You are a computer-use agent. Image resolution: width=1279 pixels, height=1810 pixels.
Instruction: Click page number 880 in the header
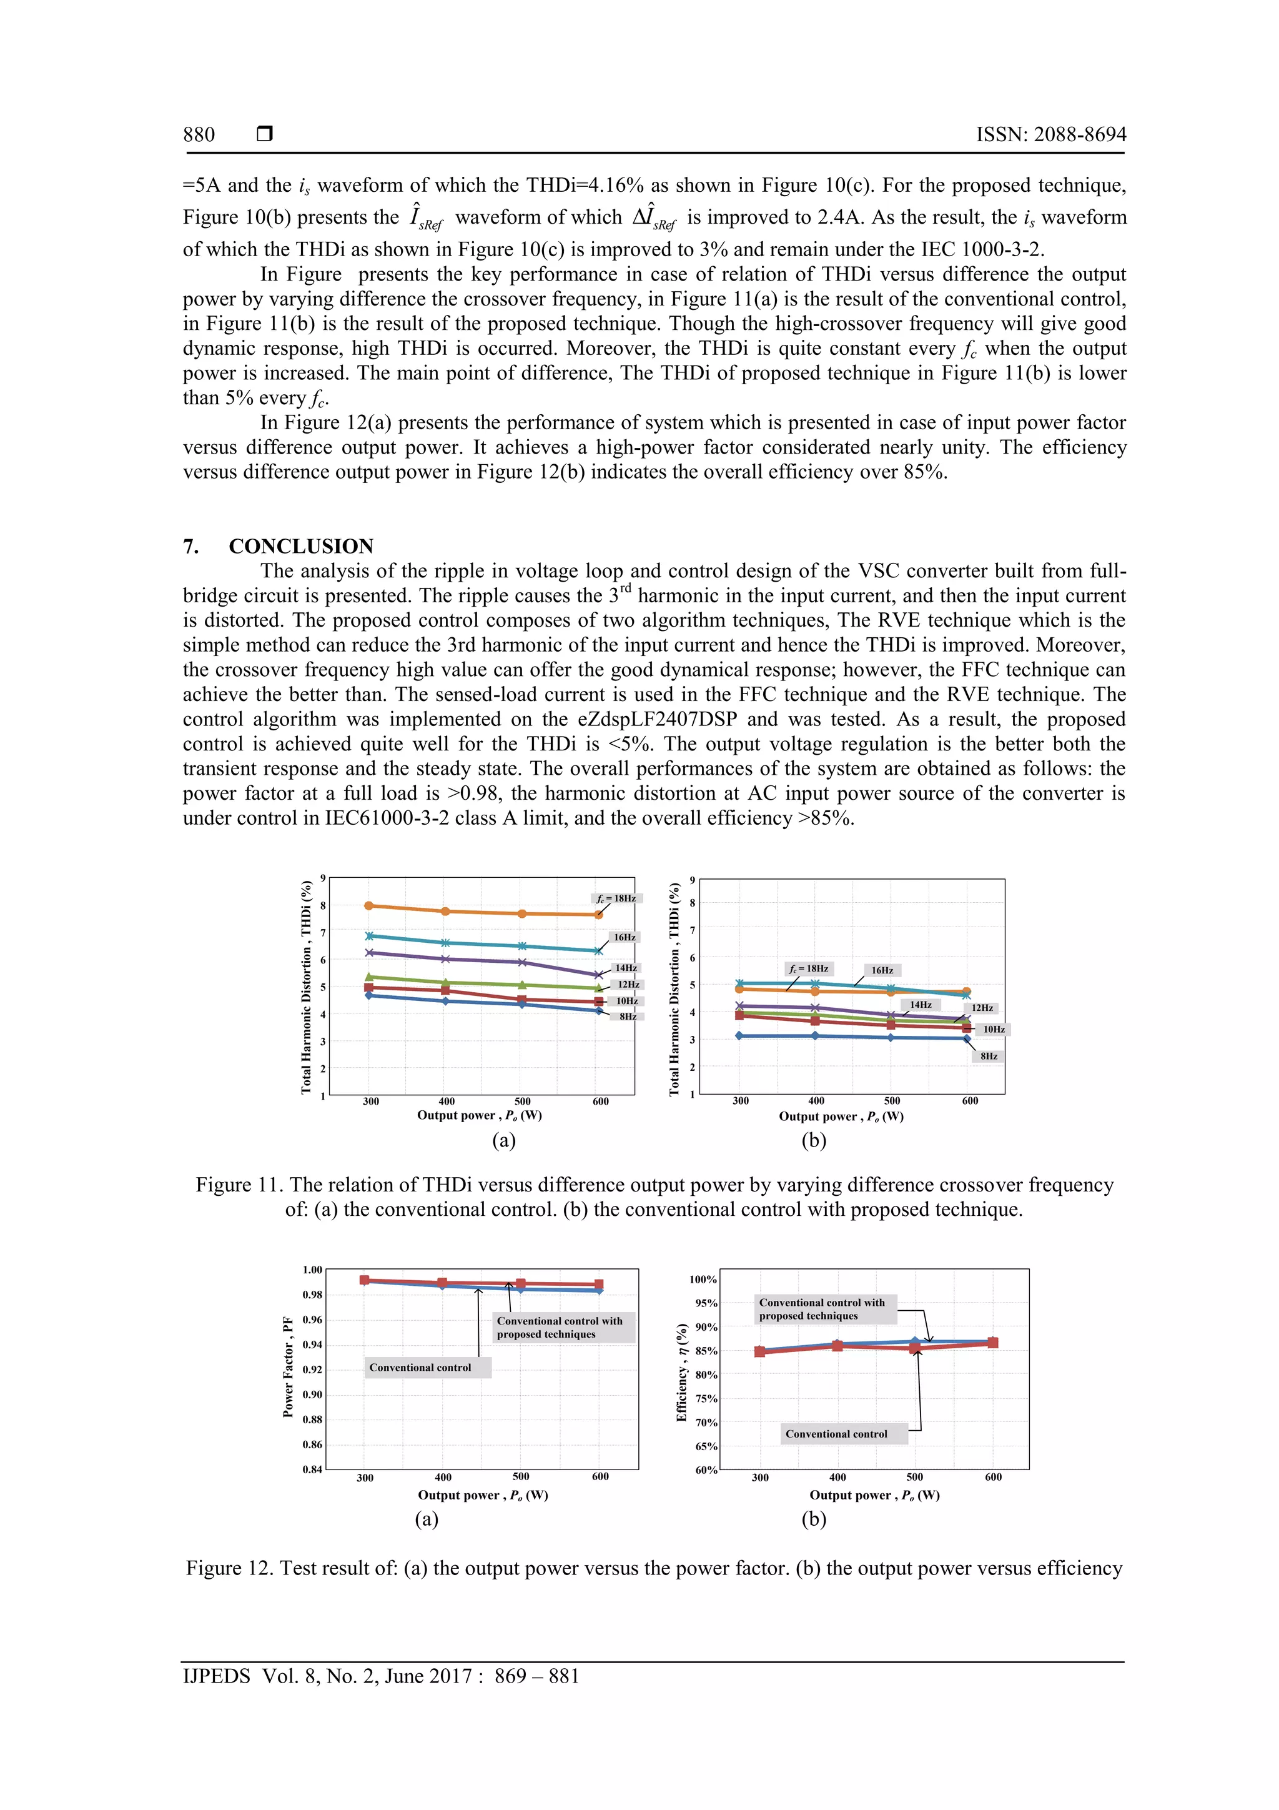tap(199, 135)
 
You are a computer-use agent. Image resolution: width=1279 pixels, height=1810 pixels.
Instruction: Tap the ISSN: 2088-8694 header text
tap(1050, 135)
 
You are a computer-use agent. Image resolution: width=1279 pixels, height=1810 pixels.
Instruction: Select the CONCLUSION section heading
tap(300, 546)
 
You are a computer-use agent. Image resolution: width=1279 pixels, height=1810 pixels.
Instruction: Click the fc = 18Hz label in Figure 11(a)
tap(616, 898)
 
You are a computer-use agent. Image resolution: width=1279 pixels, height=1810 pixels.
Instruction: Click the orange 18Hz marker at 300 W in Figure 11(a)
tap(369, 906)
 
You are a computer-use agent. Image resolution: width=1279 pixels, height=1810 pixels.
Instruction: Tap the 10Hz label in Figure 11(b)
tap(993, 1030)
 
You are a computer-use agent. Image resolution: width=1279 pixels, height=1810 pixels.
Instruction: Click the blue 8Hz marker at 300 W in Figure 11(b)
tap(739, 1036)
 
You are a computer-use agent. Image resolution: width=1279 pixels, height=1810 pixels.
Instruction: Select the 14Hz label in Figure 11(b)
tap(921, 1005)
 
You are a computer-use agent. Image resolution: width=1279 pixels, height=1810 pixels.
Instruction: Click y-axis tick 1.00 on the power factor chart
tap(312, 1270)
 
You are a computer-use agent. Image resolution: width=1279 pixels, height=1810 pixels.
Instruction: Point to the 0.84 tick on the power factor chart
tap(312, 1469)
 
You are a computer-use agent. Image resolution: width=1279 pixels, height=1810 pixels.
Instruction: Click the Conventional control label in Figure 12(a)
tap(420, 1368)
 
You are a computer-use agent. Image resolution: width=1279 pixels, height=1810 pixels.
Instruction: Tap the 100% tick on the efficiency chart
tap(703, 1280)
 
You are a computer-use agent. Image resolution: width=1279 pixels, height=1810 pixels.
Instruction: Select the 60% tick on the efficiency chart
tap(705, 1470)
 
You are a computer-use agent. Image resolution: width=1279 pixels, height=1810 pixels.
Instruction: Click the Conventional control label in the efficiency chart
tap(836, 1434)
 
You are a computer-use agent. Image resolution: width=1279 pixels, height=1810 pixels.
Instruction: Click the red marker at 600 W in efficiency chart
tap(993, 1343)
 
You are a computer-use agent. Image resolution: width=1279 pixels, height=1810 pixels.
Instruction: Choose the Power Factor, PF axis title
tap(289, 1367)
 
